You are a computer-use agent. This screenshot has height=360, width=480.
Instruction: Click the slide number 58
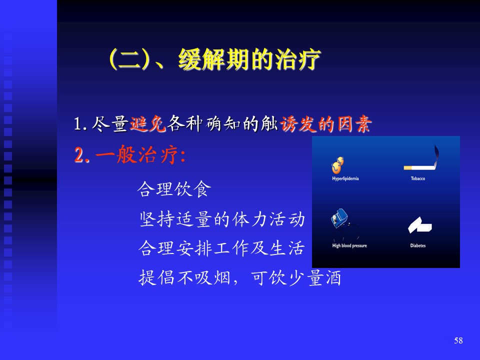click(x=458, y=340)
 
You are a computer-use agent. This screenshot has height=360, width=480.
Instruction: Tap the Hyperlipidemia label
click(x=345, y=178)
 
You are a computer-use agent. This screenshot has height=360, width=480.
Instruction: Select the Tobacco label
click(x=418, y=178)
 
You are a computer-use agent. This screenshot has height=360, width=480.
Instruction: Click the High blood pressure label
click(x=349, y=245)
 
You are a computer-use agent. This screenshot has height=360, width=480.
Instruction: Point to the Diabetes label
click(x=418, y=245)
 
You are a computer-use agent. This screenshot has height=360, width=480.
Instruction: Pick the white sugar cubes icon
click(x=419, y=225)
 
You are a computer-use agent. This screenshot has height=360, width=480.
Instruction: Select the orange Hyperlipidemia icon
click(x=337, y=165)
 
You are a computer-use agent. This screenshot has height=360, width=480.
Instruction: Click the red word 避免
click(x=147, y=124)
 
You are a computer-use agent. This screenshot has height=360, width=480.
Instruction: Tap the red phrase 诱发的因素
click(x=325, y=124)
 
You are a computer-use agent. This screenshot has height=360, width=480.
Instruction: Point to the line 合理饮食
click(x=174, y=189)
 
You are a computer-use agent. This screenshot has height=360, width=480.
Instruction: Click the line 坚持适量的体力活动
click(x=222, y=219)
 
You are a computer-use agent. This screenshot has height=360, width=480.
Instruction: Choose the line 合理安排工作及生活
click(x=221, y=248)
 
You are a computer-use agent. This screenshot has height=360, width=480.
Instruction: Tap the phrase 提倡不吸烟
click(x=184, y=277)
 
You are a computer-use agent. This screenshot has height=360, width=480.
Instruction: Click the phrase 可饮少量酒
click(x=295, y=278)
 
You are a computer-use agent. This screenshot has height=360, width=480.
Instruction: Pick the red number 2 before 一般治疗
click(x=78, y=155)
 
